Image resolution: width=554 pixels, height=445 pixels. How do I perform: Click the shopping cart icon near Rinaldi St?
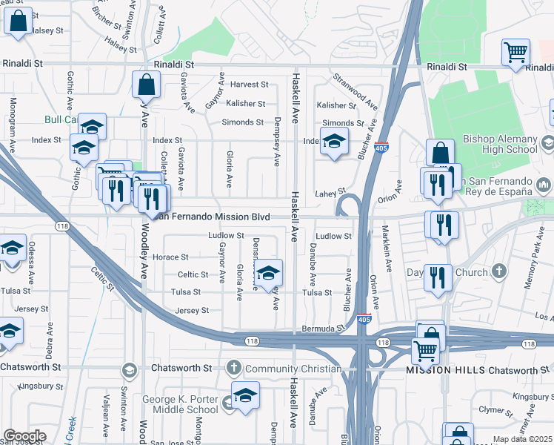516,53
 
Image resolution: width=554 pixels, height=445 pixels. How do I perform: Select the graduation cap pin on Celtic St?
269,272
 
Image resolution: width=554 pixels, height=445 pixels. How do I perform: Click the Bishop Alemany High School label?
499,144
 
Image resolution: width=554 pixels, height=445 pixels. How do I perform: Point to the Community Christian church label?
293,369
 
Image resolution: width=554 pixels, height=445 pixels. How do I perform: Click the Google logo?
24,436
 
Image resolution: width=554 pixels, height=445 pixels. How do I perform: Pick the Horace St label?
170,257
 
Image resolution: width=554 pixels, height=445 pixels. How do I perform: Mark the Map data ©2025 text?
522,439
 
